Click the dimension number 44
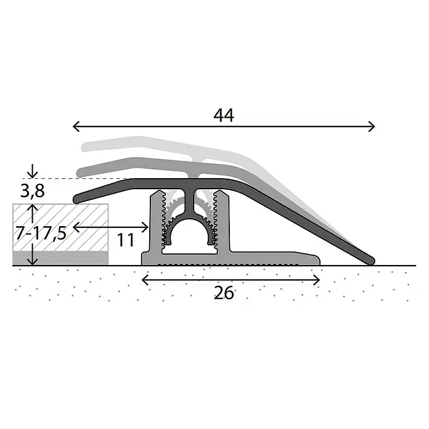[224, 115]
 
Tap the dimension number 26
[224, 293]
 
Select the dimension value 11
[126, 240]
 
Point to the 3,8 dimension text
[32, 191]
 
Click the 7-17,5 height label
[41, 234]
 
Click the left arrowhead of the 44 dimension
[76, 126]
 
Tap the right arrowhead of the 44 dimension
[372, 126]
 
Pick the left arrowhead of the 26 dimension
[145, 280]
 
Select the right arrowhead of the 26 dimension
[317, 280]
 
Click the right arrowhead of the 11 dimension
[145, 227]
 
